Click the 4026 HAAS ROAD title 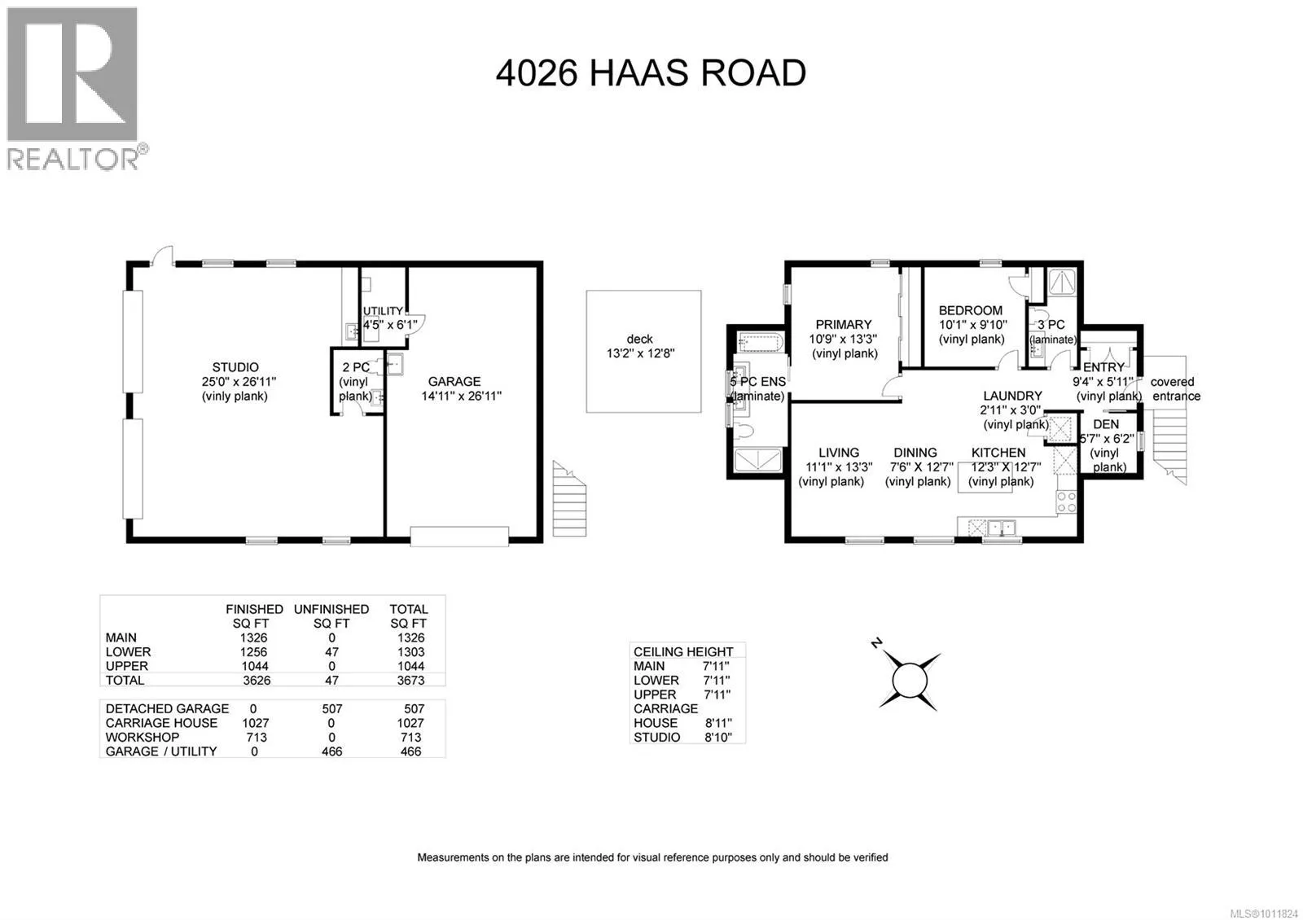pyautogui.click(x=651, y=72)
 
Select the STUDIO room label pyautogui.click(x=235, y=367)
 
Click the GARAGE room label pyautogui.click(x=454, y=382)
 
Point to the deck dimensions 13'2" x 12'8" pyautogui.click(x=640, y=353)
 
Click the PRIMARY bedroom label pyautogui.click(x=844, y=325)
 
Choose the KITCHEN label pyautogui.click(x=998, y=453)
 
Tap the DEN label pyautogui.click(x=1106, y=424)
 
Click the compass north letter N pyautogui.click(x=876, y=642)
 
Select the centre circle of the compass pyautogui.click(x=909, y=681)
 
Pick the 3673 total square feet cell pyautogui.click(x=410, y=681)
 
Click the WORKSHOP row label pyautogui.click(x=143, y=738)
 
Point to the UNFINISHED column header pyautogui.click(x=331, y=610)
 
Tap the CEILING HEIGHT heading pyautogui.click(x=683, y=652)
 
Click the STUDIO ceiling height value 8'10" pyautogui.click(x=717, y=738)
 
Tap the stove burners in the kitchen pyautogui.click(x=1066, y=502)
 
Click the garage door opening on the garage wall pyautogui.click(x=459, y=537)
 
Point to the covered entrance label pyautogui.click(x=1175, y=389)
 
